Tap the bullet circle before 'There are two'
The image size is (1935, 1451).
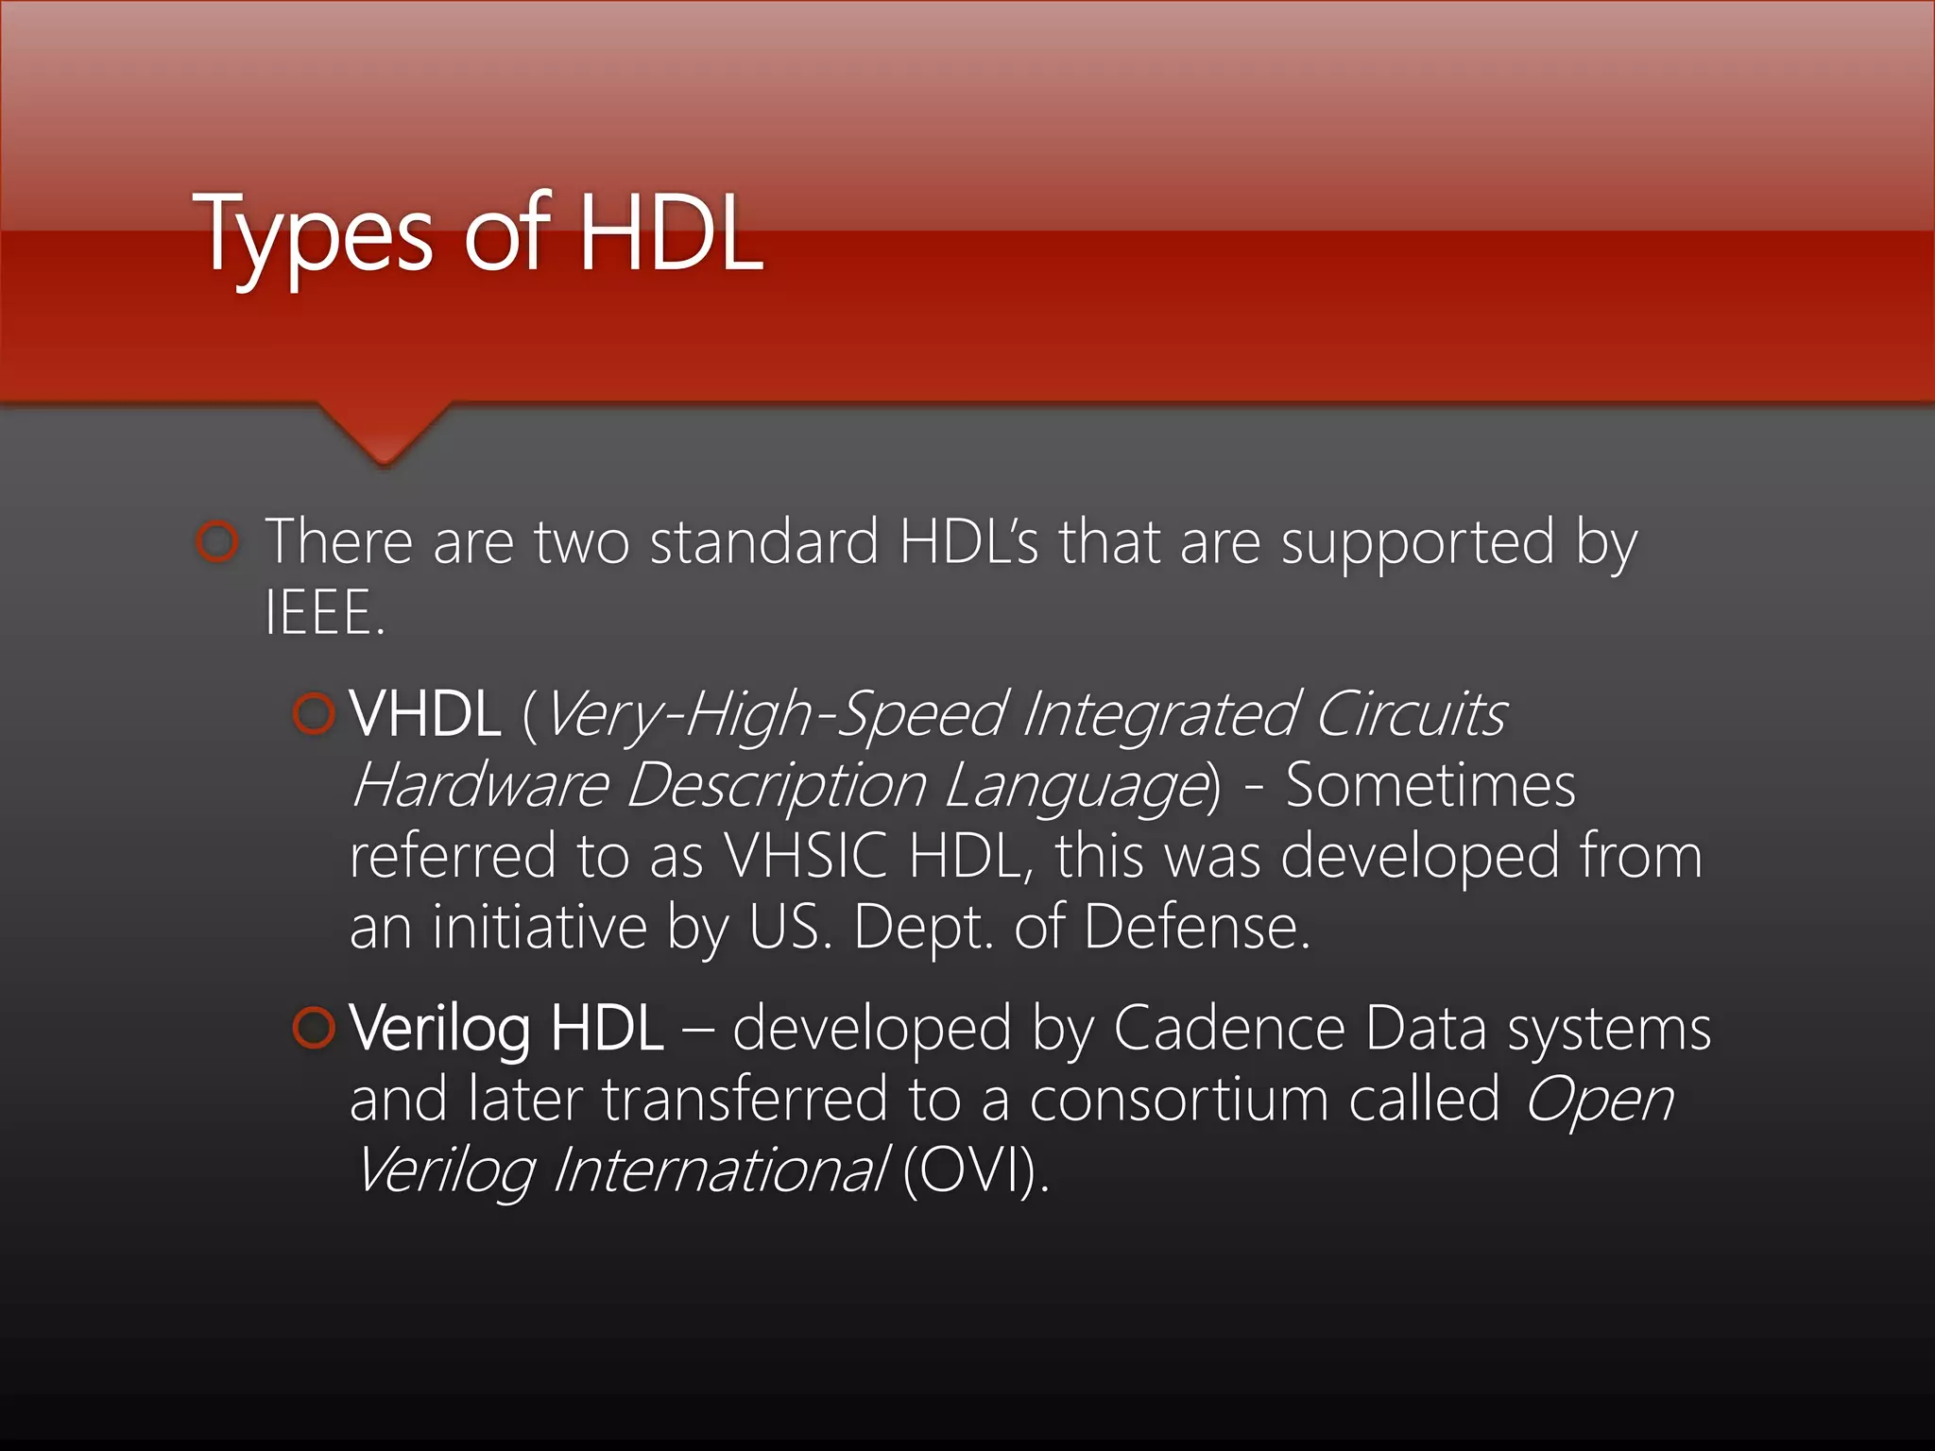tap(218, 542)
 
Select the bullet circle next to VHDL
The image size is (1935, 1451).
tap(314, 714)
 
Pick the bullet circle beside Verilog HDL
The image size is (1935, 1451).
tap(314, 1028)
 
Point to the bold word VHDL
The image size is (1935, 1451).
tap(424, 714)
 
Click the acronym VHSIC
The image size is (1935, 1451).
tap(805, 857)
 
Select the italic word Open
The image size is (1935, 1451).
tap(1599, 1100)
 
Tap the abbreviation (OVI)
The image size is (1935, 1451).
tap(974, 1170)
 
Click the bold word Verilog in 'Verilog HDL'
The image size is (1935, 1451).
tap(439, 1030)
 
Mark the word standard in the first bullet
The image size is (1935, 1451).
tap(764, 542)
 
